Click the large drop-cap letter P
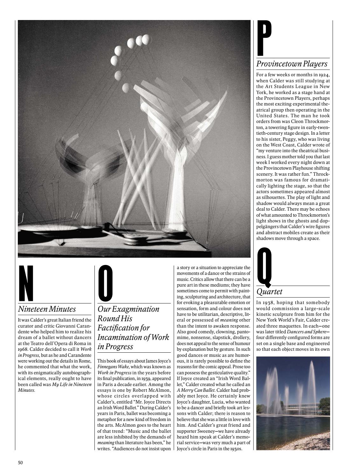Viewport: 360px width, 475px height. click(264, 39)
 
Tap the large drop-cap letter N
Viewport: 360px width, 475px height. click(25, 283)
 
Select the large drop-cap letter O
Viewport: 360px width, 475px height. click(105, 283)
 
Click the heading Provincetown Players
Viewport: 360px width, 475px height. click(292, 64)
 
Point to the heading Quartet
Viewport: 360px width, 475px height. click(269, 291)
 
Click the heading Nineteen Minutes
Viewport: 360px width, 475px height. click(47, 309)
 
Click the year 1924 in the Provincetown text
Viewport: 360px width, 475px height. click(324, 75)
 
